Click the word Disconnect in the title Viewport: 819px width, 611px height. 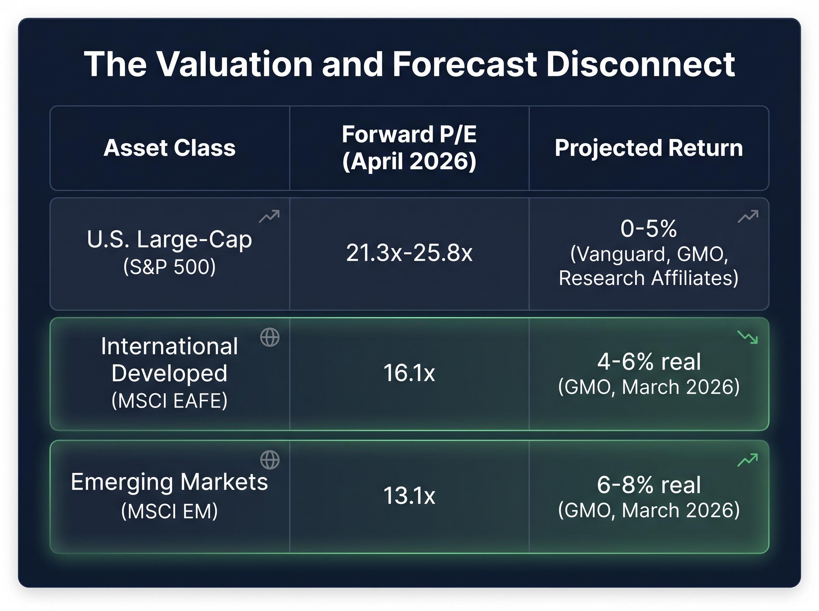click(x=640, y=64)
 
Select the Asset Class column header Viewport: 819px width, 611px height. click(x=170, y=148)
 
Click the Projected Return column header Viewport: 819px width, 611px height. click(x=648, y=148)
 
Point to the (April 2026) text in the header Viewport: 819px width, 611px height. click(x=409, y=162)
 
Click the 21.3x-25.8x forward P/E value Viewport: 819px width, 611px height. click(x=409, y=253)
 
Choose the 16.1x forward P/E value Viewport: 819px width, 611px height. click(x=409, y=373)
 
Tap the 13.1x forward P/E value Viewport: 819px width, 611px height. click(x=409, y=496)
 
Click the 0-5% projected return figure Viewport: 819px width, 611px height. click(x=648, y=228)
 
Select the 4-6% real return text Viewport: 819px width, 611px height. click(x=648, y=362)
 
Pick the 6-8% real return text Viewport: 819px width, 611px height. click(x=648, y=485)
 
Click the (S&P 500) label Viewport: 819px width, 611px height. click(x=170, y=267)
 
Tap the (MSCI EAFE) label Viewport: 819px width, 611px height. click(x=170, y=401)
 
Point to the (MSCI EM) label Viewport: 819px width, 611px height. click(x=170, y=511)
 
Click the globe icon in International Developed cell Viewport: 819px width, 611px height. click(x=270, y=337)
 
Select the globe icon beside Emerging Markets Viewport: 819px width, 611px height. click(x=270, y=460)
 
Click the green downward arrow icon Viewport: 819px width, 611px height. click(x=748, y=337)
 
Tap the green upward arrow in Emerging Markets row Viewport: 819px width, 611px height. click(x=748, y=460)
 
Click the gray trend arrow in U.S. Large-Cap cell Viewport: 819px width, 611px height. click(x=269, y=217)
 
